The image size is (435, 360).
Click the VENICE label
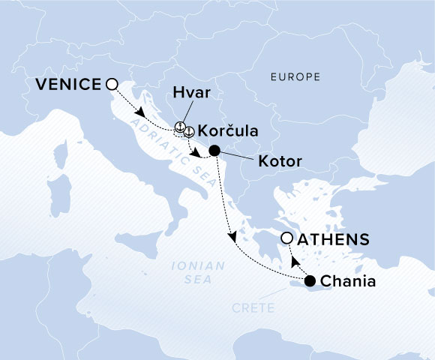pos(67,85)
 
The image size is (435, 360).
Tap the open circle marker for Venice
pos(112,85)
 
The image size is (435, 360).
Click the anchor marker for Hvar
pos(179,127)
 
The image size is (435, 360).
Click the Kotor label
pos(279,160)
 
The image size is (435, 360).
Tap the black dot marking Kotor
pos(214,150)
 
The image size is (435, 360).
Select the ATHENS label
pos(334,240)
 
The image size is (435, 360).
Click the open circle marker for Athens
pos(286,238)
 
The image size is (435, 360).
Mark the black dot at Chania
pos(310,281)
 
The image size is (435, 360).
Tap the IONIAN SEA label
pos(187,272)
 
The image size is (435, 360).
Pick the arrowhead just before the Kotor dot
pos(196,154)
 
